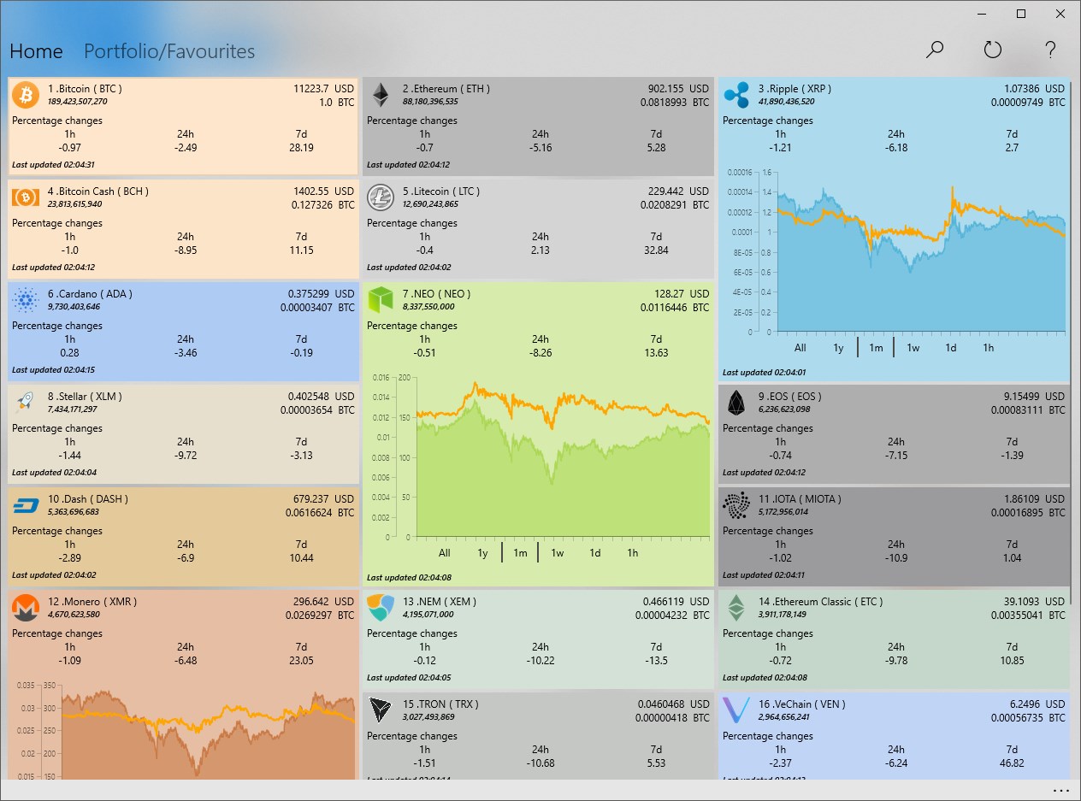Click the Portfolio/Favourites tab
pyautogui.click(x=169, y=51)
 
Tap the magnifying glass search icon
pyautogui.click(x=935, y=50)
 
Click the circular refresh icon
pyautogui.click(x=992, y=50)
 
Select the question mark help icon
pyautogui.click(x=1051, y=50)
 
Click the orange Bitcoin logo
pyautogui.click(x=26, y=95)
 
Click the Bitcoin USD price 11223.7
pyautogui.click(x=311, y=89)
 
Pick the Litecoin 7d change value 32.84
pyautogui.click(x=656, y=250)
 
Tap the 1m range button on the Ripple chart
pyautogui.click(x=876, y=348)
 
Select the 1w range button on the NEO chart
pyautogui.click(x=558, y=553)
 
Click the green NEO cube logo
pyautogui.click(x=381, y=300)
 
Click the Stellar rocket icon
pyautogui.click(x=26, y=403)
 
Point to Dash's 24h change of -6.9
pyautogui.click(x=186, y=558)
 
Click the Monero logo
pyautogui.click(x=26, y=608)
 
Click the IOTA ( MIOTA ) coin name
pyautogui.click(x=800, y=499)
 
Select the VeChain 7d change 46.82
pyautogui.click(x=1012, y=763)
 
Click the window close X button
pyautogui.click(x=1060, y=14)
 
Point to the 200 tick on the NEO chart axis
pyautogui.click(x=404, y=377)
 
